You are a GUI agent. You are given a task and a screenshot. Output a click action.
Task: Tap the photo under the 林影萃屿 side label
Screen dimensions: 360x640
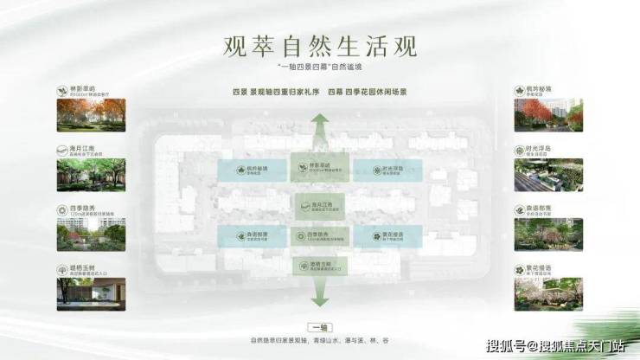coord(91,114)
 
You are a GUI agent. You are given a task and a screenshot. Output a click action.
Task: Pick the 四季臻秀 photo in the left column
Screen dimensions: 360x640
coord(91,234)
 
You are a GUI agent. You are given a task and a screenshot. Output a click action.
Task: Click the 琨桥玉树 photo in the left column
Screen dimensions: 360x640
coord(91,293)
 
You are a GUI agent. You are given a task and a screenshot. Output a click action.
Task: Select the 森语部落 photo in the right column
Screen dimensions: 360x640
coord(547,234)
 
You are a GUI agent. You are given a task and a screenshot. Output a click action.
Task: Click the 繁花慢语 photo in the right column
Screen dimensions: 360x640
coord(547,293)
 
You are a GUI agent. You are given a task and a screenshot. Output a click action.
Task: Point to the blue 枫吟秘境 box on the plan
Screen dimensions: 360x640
coord(250,170)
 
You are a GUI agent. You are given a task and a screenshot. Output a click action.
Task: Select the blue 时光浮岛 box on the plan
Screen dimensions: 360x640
coord(373,170)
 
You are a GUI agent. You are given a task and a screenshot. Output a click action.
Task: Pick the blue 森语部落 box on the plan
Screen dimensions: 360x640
coord(250,236)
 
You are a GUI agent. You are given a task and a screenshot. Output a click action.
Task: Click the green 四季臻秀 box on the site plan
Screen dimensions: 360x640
coord(310,236)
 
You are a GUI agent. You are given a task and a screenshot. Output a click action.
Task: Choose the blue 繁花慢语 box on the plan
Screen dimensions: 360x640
coord(373,236)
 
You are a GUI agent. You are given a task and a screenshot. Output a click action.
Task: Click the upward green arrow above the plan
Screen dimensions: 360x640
coord(320,130)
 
